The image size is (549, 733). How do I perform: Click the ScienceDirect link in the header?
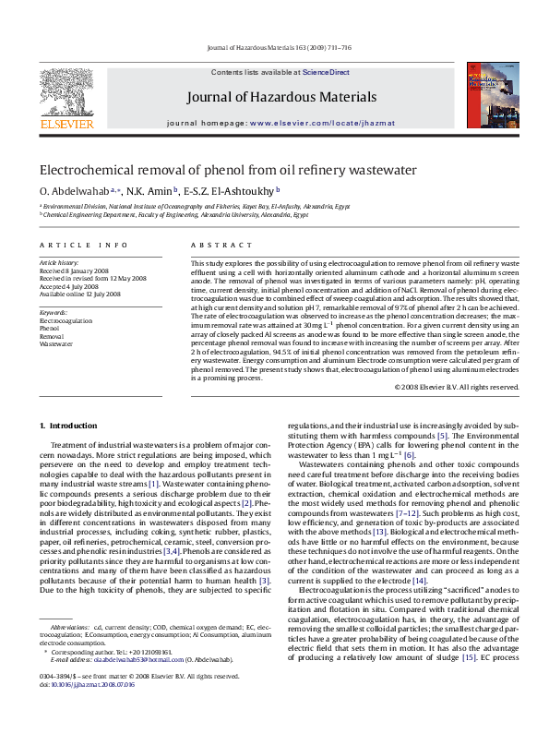(326, 72)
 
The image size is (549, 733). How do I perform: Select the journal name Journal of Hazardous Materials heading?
(281, 97)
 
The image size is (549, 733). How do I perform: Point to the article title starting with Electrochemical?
(227, 170)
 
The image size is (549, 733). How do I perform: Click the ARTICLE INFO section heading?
(83, 245)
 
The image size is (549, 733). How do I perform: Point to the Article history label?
(59, 263)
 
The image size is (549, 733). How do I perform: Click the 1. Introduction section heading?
(72, 425)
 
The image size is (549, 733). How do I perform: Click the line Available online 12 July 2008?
(80, 294)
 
